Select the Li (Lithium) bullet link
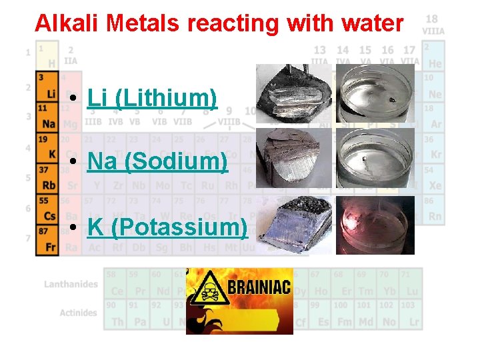tap(152, 99)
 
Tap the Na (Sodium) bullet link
tap(157, 161)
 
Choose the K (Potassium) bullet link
tap(167, 227)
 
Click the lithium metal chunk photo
tap(294, 93)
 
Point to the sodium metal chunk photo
tap(294, 158)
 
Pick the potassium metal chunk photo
tap(294, 223)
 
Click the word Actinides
tap(78, 313)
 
